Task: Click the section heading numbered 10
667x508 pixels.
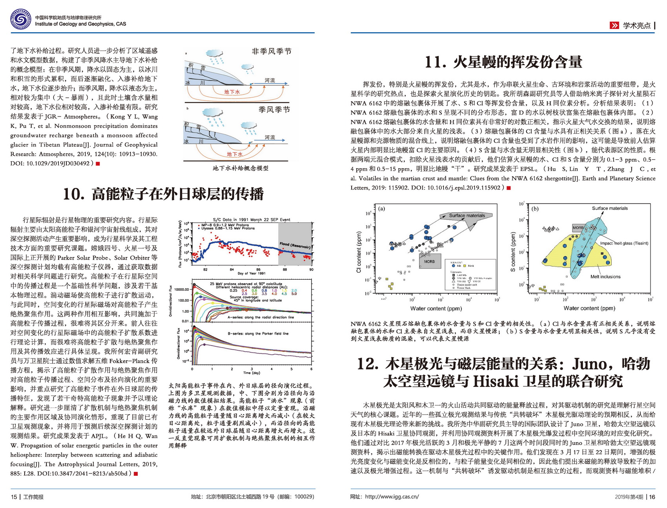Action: [x=163, y=194]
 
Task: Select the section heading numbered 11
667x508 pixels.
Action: [x=503, y=62]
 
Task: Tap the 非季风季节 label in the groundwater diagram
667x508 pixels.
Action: [x=272, y=51]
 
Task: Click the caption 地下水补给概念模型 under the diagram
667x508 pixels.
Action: [x=241, y=168]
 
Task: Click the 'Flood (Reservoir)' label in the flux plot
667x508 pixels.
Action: [x=295, y=246]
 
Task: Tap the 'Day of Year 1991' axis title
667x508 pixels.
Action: [x=251, y=273]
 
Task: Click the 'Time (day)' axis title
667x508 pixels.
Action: [x=251, y=373]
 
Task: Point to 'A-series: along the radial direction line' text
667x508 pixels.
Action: [x=261, y=317]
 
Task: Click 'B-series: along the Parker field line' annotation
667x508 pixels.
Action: [x=258, y=333]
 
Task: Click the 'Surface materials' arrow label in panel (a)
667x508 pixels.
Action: [x=467, y=215]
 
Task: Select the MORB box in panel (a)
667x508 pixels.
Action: [x=429, y=261]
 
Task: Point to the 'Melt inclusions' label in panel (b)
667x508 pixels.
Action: [x=605, y=277]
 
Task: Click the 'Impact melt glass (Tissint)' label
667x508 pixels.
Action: [x=624, y=243]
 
